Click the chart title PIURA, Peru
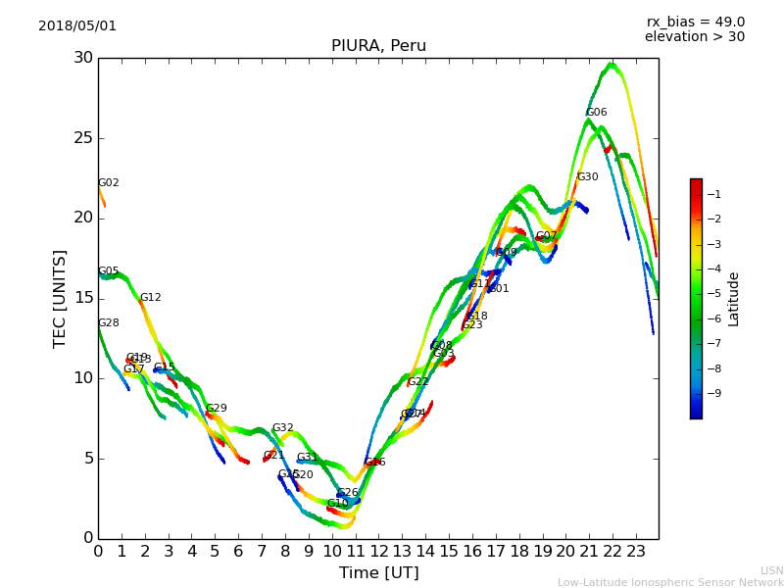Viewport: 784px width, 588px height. (x=378, y=46)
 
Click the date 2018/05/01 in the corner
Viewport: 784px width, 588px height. (x=77, y=26)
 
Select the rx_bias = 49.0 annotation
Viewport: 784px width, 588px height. (x=695, y=23)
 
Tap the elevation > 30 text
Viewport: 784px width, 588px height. (x=694, y=37)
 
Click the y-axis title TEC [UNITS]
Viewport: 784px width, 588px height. (x=60, y=298)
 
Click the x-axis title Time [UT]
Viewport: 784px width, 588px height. (x=378, y=573)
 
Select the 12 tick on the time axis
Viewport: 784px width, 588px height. (x=378, y=552)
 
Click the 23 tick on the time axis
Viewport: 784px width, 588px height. (x=636, y=552)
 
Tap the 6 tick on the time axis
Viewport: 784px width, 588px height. (x=238, y=552)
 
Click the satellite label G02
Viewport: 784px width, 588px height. (x=108, y=183)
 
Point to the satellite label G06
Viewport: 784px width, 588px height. (x=596, y=113)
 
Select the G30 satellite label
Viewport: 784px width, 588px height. (x=587, y=177)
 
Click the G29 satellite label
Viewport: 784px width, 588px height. (x=216, y=409)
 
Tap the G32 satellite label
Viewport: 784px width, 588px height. (x=282, y=428)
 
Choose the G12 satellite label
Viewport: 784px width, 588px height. (x=150, y=298)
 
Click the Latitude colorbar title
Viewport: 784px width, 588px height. (x=733, y=298)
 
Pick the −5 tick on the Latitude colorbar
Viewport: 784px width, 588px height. (x=713, y=293)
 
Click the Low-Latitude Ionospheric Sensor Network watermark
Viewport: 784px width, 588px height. (x=670, y=583)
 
